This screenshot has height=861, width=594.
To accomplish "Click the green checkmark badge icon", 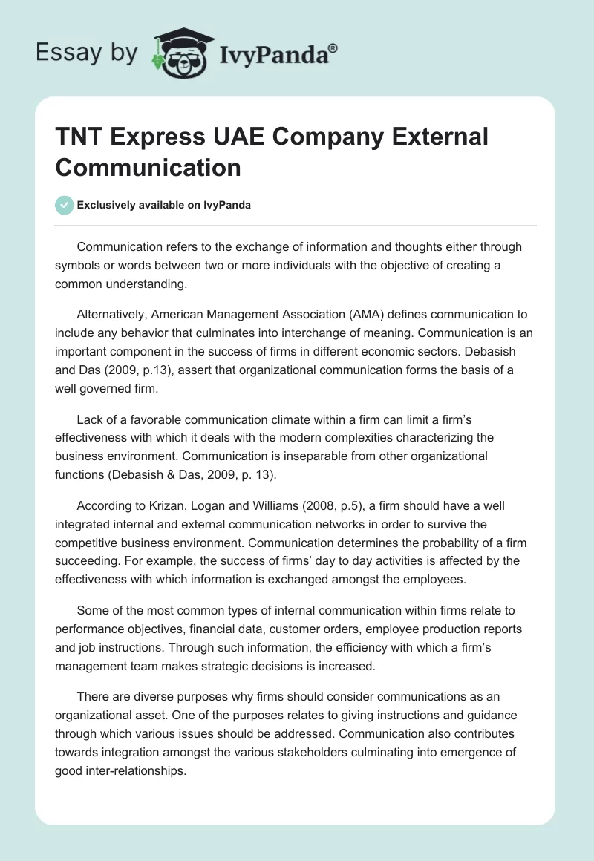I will tap(64, 205).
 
